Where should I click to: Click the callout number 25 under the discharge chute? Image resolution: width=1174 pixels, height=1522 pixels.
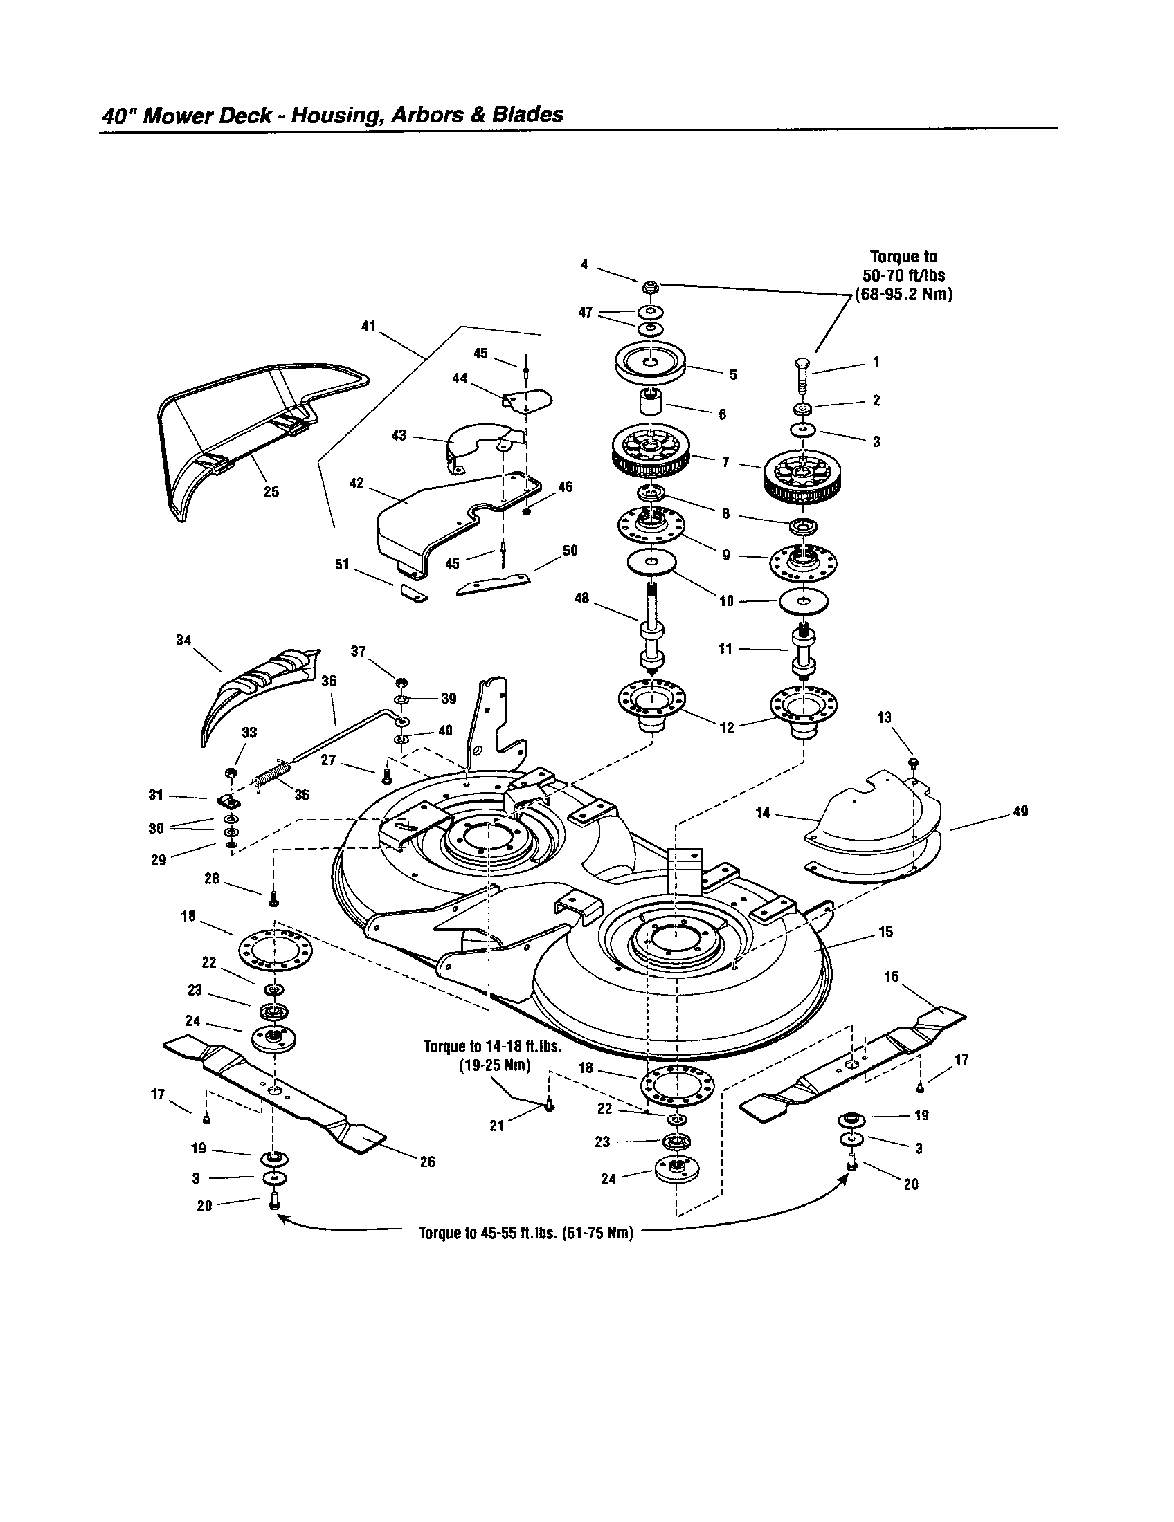(271, 492)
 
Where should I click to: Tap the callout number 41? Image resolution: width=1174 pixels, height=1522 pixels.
(368, 325)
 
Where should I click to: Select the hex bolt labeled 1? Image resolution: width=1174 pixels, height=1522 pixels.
(801, 376)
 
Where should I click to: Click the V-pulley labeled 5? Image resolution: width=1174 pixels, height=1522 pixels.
(650, 363)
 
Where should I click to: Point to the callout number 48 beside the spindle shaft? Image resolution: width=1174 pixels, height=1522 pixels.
(581, 598)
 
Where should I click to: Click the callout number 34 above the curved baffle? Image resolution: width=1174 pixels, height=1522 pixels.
(183, 640)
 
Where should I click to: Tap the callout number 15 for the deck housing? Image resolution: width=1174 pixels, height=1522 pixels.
(886, 932)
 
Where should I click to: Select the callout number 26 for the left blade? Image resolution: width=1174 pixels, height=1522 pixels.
(427, 1162)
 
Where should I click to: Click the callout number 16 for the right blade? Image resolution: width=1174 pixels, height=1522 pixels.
(892, 976)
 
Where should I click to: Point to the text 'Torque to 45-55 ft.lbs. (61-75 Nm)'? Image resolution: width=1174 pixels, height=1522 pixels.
(525, 1233)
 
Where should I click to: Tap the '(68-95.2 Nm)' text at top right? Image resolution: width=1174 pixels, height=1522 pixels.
(904, 294)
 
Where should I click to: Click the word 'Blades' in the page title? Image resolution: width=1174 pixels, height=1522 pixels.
(527, 114)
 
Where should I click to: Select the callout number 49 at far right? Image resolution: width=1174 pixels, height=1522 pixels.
(1020, 812)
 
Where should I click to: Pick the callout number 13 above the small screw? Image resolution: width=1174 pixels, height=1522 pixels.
(884, 717)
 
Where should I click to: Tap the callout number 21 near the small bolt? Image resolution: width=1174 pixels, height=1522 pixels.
(496, 1126)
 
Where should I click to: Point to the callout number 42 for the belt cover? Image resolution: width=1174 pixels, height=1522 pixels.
(356, 483)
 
